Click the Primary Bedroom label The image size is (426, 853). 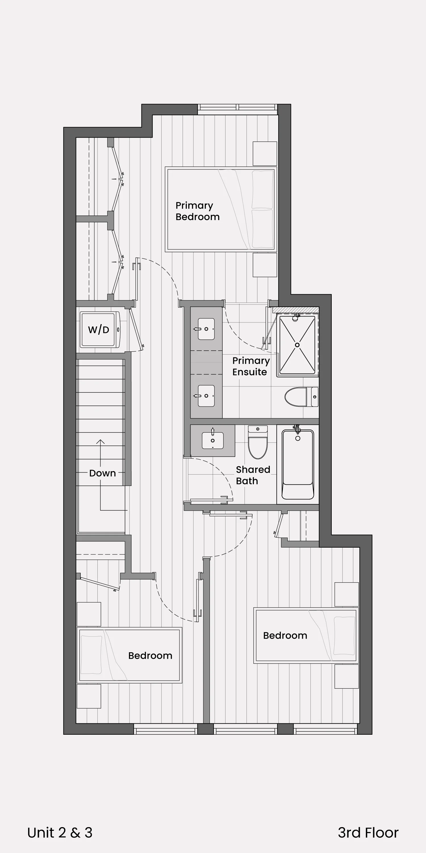pyautogui.click(x=197, y=211)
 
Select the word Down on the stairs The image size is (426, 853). pyautogui.click(x=103, y=473)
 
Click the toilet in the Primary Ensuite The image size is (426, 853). pyautogui.click(x=301, y=397)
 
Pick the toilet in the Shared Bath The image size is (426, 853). pyautogui.click(x=258, y=442)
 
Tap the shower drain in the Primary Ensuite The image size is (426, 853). pyautogui.click(x=297, y=345)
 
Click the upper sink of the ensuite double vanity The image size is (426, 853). pyautogui.click(x=206, y=329)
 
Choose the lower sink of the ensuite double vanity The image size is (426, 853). pyautogui.click(x=206, y=396)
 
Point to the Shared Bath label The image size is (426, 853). pyautogui.click(x=253, y=475)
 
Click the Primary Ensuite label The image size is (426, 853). pyautogui.click(x=251, y=366)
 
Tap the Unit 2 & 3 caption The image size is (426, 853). pyautogui.click(x=60, y=833)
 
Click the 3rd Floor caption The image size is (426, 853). pyautogui.click(x=368, y=833)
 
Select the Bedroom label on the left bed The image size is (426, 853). pyautogui.click(x=150, y=656)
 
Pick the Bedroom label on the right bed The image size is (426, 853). pyautogui.click(x=285, y=635)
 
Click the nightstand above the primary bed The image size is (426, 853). pyautogui.click(x=265, y=154)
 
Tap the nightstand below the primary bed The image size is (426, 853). pyautogui.click(x=265, y=265)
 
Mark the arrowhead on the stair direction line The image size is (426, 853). pyautogui.click(x=100, y=441)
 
